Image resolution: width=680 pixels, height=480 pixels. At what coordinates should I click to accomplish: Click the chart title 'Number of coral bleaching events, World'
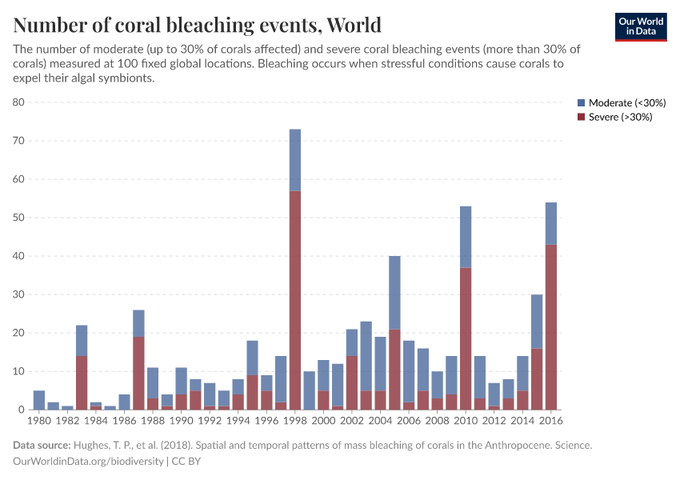[197, 25]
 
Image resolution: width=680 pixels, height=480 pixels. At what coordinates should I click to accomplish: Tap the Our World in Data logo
[640, 26]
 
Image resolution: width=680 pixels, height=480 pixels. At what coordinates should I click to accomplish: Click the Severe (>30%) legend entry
[615, 117]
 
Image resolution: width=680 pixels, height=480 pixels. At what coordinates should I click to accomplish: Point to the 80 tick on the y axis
[19, 102]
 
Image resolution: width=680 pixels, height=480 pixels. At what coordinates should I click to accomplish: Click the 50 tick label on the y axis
[19, 218]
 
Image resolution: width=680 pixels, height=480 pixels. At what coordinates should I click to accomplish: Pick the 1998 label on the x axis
[294, 419]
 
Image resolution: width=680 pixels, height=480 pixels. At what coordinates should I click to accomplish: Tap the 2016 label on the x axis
[550, 419]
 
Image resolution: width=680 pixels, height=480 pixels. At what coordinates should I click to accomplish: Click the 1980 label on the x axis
[38, 419]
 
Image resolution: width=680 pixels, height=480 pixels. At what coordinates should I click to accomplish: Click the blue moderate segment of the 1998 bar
[295, 160]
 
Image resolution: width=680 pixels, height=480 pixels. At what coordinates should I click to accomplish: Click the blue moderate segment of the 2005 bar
[394, 292]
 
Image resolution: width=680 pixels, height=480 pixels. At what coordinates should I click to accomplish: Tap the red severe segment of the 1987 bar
[138, 373]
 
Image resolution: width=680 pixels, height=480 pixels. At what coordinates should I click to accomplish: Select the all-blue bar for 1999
[309, 390]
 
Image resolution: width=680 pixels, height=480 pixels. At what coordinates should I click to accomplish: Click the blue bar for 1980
[39, 400]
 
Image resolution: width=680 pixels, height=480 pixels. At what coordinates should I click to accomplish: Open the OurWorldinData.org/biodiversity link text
[88, 462]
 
